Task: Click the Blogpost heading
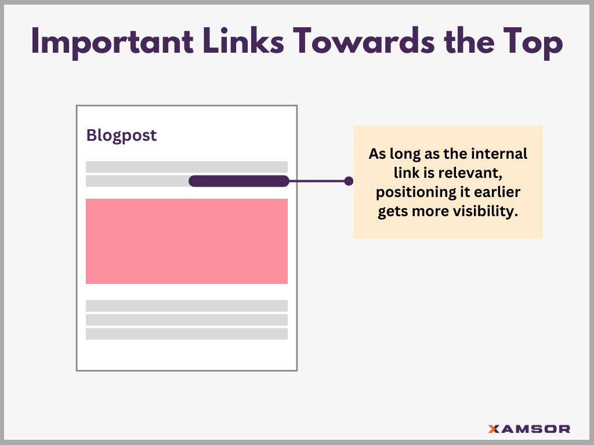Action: click(x=121, y=136)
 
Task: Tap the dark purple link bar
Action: click(x=238, y=181)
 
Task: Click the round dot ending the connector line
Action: click(x=349, y=181)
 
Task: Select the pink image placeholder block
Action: click(x=186, y=241)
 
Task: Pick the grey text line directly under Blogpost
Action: click(x=186, y=167)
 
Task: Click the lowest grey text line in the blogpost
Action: click(x=186, y=334)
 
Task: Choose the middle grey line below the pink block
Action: click(x=186, y=320)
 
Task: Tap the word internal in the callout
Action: click(x=499, y=155)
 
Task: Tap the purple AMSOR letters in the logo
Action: click(x=535, y=429)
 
